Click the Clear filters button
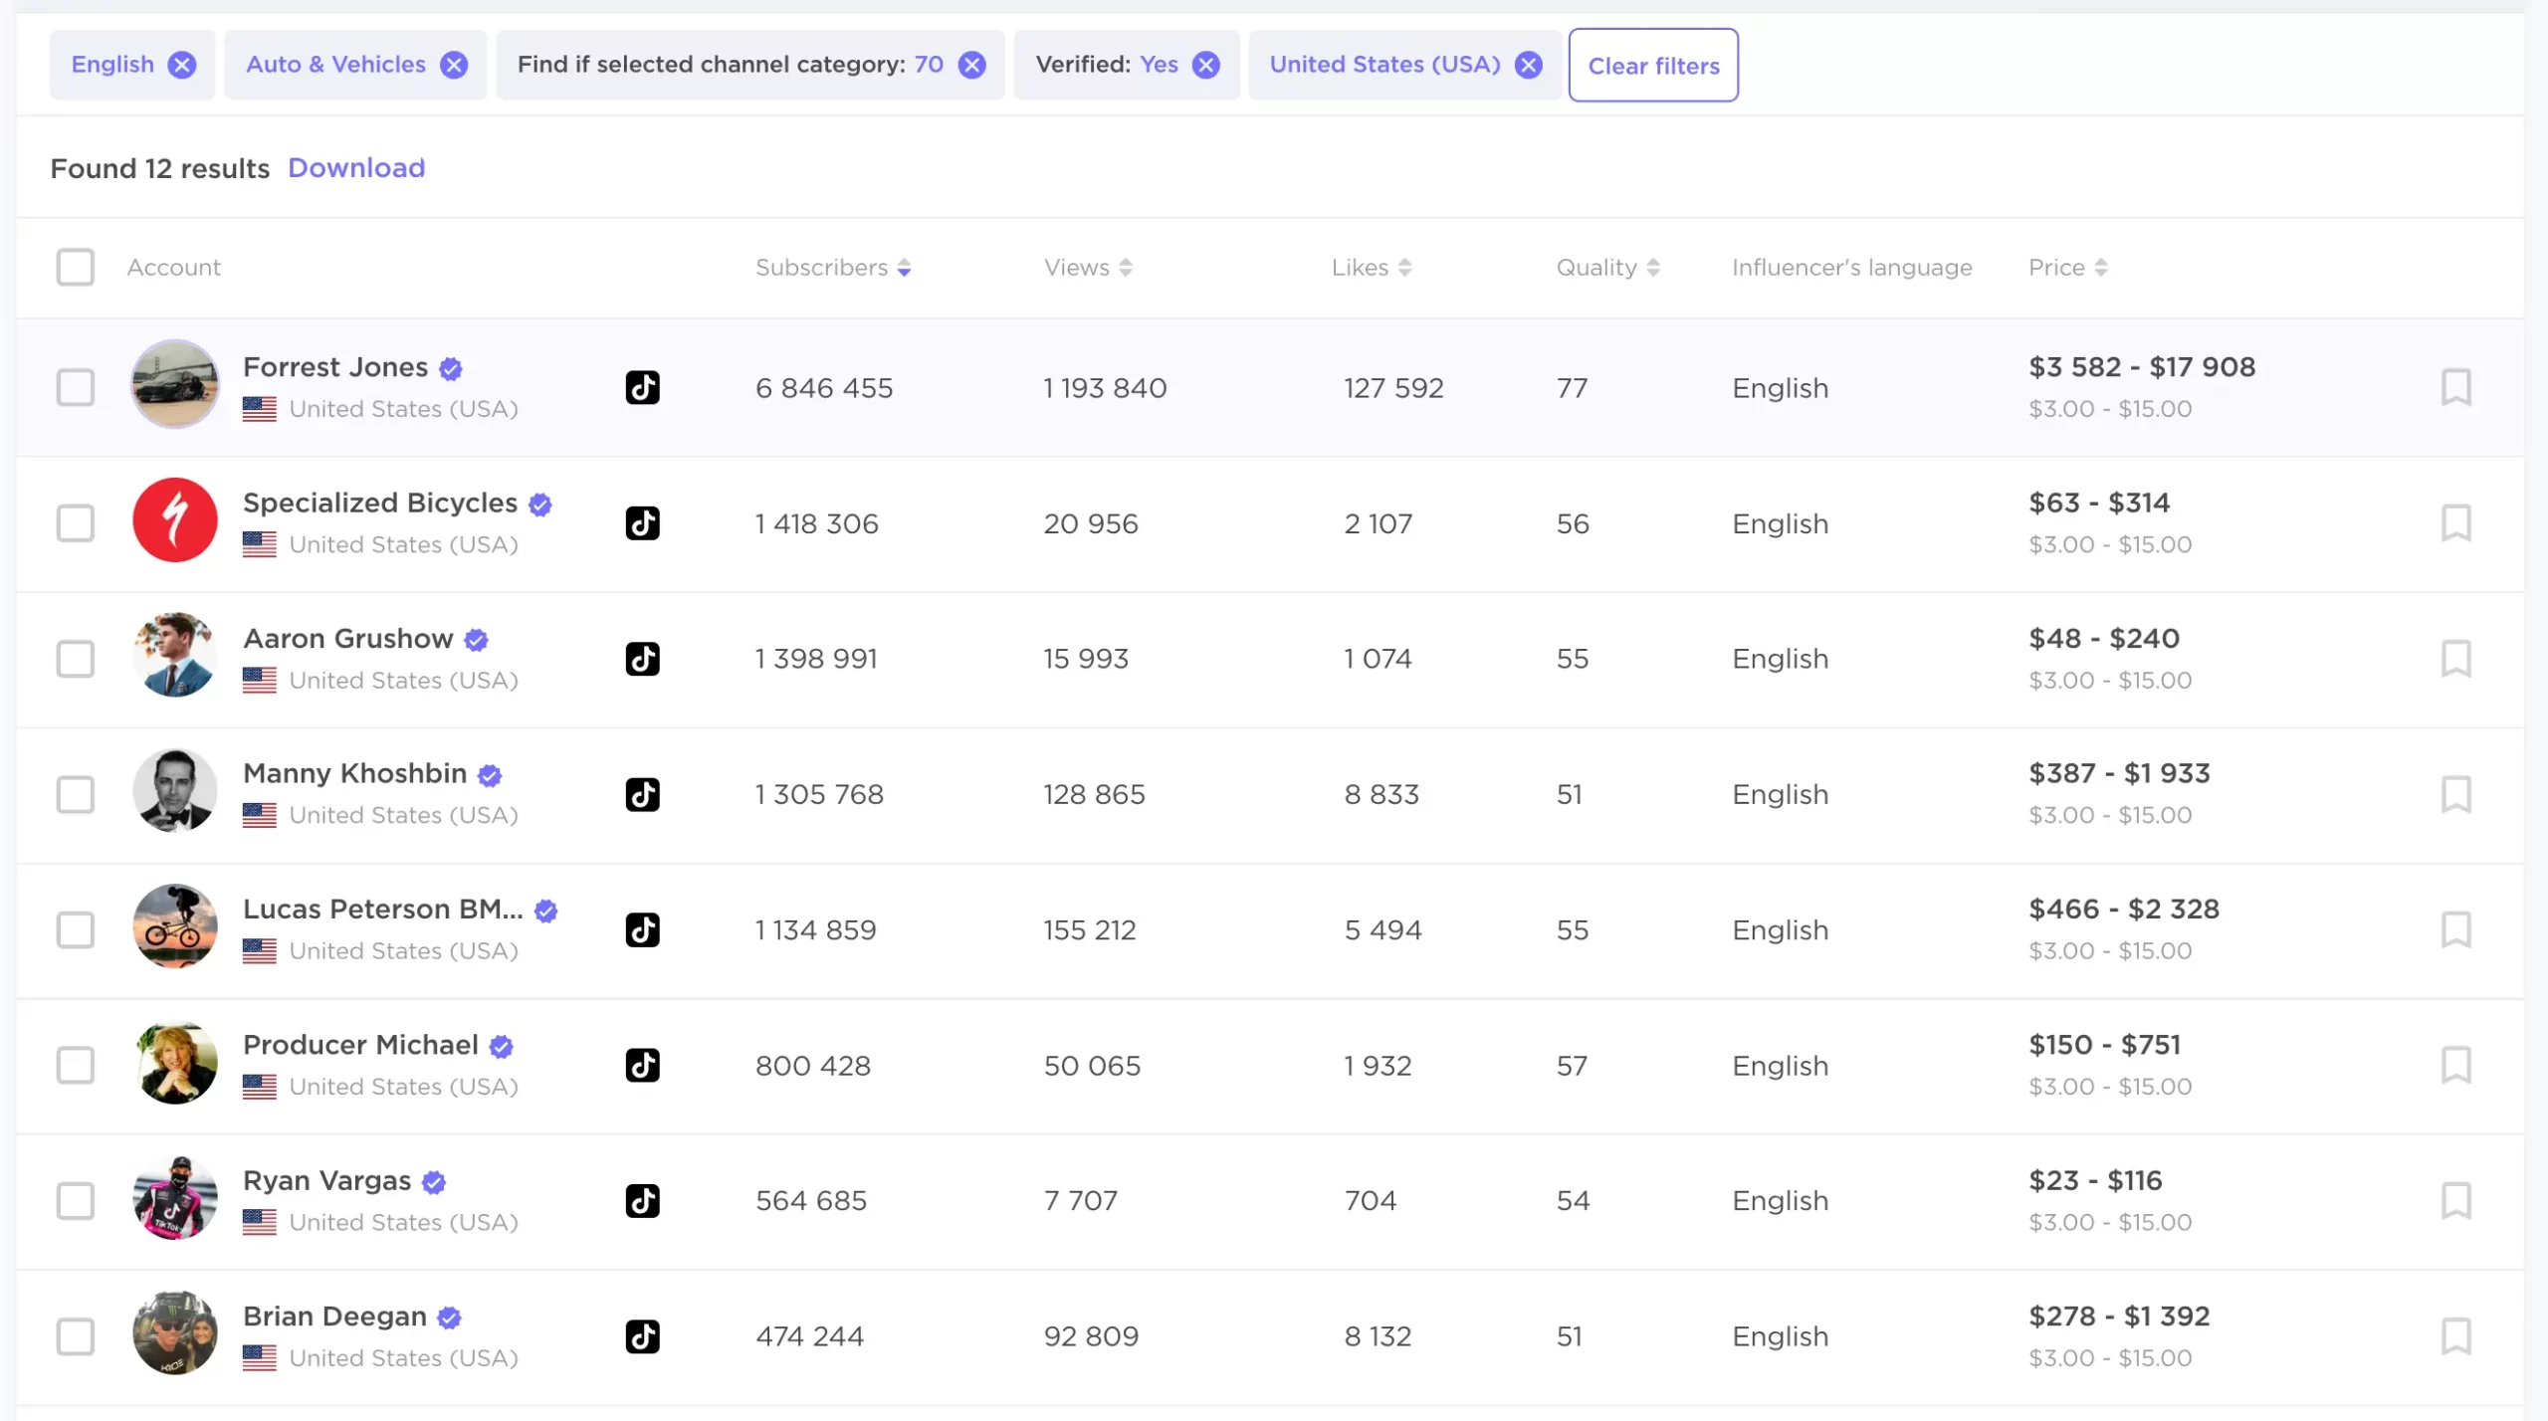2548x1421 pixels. pos(1652,66)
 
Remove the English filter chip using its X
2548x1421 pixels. pos(181,66)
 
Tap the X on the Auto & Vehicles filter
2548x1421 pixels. pos(454,66)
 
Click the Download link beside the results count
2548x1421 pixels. pos(356,167)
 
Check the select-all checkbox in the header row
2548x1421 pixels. pos(75,267)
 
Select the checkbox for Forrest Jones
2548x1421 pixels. pos(75,387)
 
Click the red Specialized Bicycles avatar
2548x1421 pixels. pos(175,520)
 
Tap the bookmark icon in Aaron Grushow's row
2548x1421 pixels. pos(2455,658)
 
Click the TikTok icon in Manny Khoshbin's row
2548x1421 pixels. pos(642,794)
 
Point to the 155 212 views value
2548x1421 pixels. pos(1089,929)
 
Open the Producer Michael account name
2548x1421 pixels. pos(360,1044)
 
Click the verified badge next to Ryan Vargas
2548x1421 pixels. pos(434,1181)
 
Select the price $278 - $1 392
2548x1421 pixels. pos(2118,1316)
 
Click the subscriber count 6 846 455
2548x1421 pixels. pos(823,387)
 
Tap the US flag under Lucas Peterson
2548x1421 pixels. pos(259,951)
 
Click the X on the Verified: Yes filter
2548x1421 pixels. pos(1205,66)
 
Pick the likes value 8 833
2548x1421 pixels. pos(1380,794)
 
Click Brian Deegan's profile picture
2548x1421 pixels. pos(175,1333)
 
